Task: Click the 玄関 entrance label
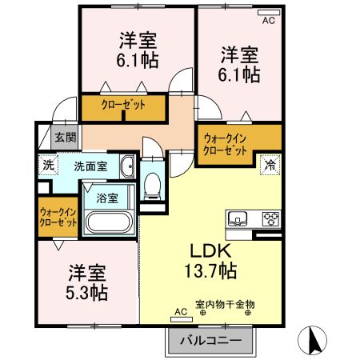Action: [x=66, y=138]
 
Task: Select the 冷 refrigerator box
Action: [x=271, y=165]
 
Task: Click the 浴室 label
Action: [x=108, y=197]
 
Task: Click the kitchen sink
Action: [x=239, y=218]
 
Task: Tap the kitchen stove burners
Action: [x=270, y=218]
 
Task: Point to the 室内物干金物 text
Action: [x=225, y=305]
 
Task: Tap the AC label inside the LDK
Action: [x=178, y=313]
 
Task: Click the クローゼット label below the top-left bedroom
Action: [x=122, y=105]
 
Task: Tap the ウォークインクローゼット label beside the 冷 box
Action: [x=226, y=144]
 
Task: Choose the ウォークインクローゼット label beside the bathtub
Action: [x=58, y=217]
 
